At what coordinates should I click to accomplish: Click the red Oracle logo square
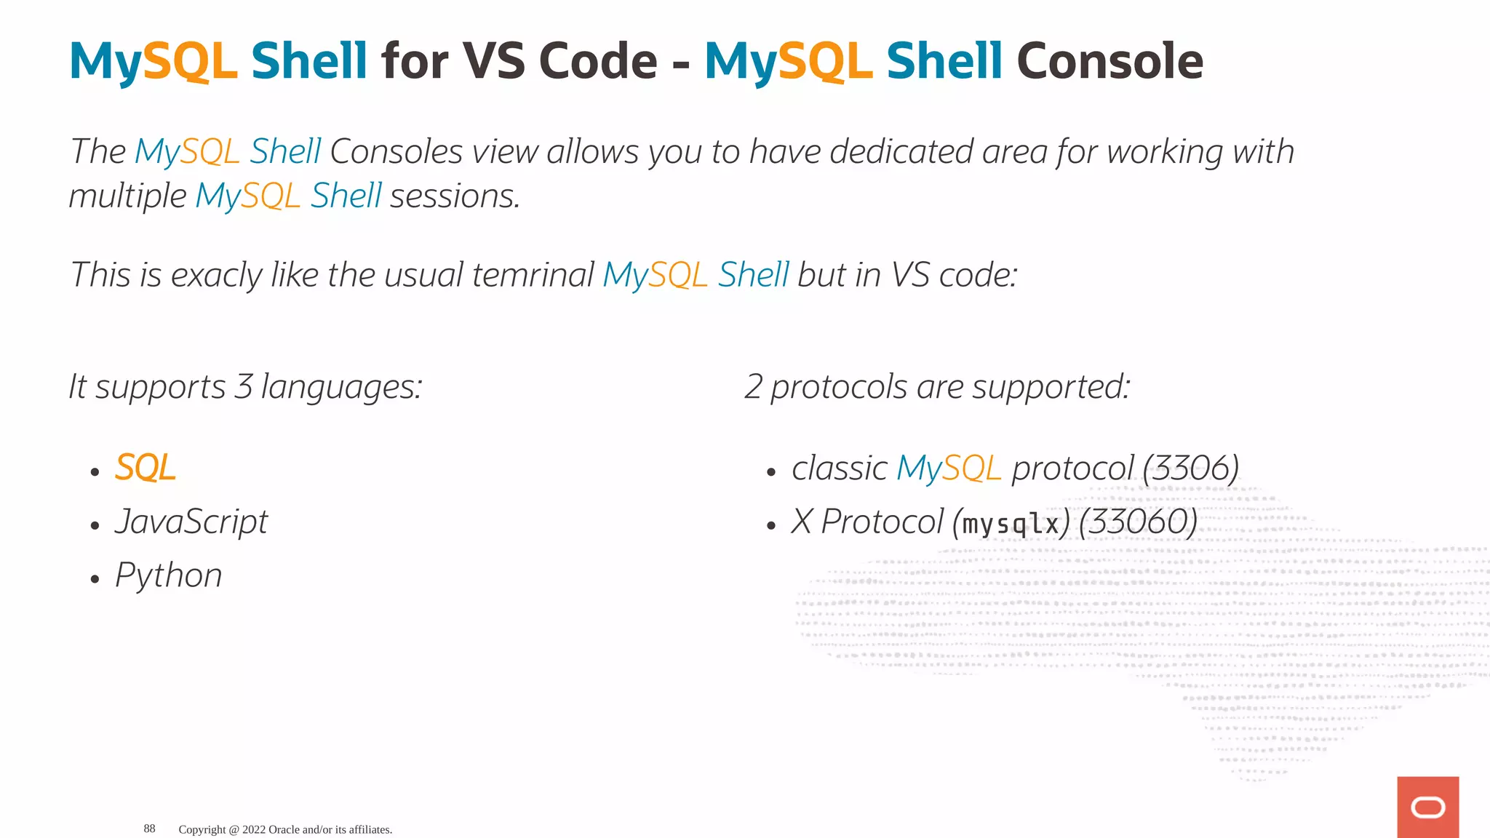(x=1427, y=807)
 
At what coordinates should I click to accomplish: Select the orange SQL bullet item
(x=146, y=468)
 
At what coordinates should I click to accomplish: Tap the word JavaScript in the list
(x=191, y=522)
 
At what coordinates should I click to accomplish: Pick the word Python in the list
(x=169, y=575)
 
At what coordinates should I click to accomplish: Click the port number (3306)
(x=1190, y=468)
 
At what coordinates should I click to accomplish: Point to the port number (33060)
(x=1138, y=522)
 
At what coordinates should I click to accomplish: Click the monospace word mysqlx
(x=1011, y=524)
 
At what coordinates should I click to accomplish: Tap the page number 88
(x=149, y=829)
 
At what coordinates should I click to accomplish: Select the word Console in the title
(x=1109, y=61)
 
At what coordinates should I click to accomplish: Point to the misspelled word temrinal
(x=533, y=275)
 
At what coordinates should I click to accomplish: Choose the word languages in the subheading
(x=341, y=387)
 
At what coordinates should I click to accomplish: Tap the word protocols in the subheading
(x=839, y=387)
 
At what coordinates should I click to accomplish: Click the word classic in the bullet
(x=839, y=468)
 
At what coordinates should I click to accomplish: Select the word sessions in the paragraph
(x=455, y=196)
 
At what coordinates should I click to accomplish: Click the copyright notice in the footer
(x=285, y=829)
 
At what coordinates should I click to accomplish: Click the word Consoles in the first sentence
(x=396, y=152)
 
